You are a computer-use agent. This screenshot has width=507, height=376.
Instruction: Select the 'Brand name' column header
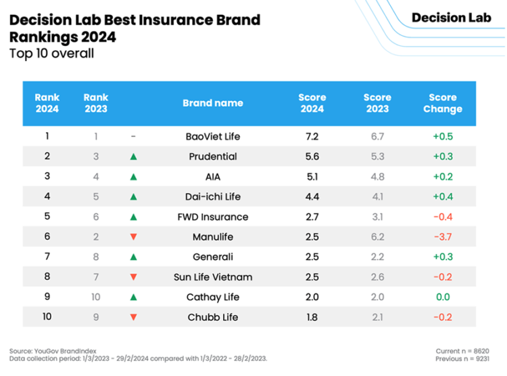click(213, 103)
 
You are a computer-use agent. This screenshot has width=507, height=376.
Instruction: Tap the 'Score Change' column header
click(443, 103)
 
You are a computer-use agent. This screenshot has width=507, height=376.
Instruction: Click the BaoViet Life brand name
click(213, 136)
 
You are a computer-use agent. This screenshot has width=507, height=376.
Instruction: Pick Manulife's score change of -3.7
click(443, 237)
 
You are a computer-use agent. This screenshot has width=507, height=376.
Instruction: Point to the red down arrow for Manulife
click(133, 237)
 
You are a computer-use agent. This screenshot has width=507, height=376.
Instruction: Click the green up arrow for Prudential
click(133, 156)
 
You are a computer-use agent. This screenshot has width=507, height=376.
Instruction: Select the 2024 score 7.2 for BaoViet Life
click(312, 136)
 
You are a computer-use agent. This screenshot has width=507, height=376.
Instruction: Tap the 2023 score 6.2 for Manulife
click(377, 237)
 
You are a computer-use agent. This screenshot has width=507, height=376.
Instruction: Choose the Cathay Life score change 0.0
click(443, 297)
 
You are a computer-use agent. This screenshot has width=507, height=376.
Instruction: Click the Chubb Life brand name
click(213, 318)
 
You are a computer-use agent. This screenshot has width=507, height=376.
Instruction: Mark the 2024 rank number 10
click(47, 317)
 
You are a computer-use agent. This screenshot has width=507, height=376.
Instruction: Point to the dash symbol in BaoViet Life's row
click(133, 136)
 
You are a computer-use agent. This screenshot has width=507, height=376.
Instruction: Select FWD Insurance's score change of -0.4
click(443, 217)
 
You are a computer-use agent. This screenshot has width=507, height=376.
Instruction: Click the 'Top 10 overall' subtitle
click(51, 54)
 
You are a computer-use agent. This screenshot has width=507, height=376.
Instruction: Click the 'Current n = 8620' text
click(462, 350)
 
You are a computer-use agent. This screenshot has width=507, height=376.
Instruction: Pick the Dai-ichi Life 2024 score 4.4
click(312, 196)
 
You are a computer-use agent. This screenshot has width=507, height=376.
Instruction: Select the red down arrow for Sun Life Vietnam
click(133, 277)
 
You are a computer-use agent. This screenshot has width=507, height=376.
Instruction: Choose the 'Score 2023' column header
click(377, 103)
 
